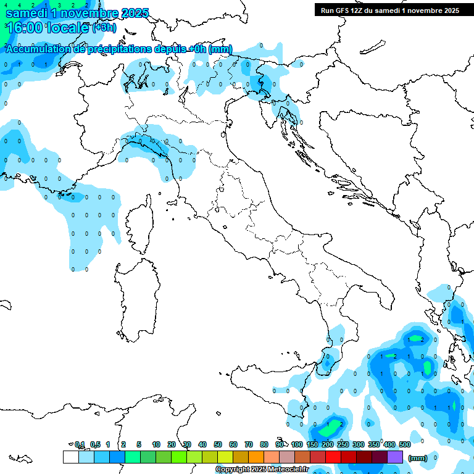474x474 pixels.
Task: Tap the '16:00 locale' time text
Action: [x=47, y=28]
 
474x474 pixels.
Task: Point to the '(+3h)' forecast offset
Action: [x=104, y=28]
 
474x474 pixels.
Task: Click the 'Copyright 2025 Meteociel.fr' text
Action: [x=262, y=470]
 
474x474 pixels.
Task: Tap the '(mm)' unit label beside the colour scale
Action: [x=418, y=457]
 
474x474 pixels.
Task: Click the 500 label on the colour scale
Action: [x=405, y=444]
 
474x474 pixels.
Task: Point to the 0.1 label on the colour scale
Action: [x=80, y=444]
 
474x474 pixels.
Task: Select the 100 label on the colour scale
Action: [x=297, y=444]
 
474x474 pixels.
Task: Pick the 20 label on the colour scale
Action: [x=172, y=444]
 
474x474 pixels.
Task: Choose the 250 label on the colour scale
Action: [x=343, y=444]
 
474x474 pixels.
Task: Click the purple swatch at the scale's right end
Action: [x=395, y=457]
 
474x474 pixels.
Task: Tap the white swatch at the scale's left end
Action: [x=70, y=457]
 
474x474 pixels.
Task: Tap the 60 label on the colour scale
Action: [x=233, y=444]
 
